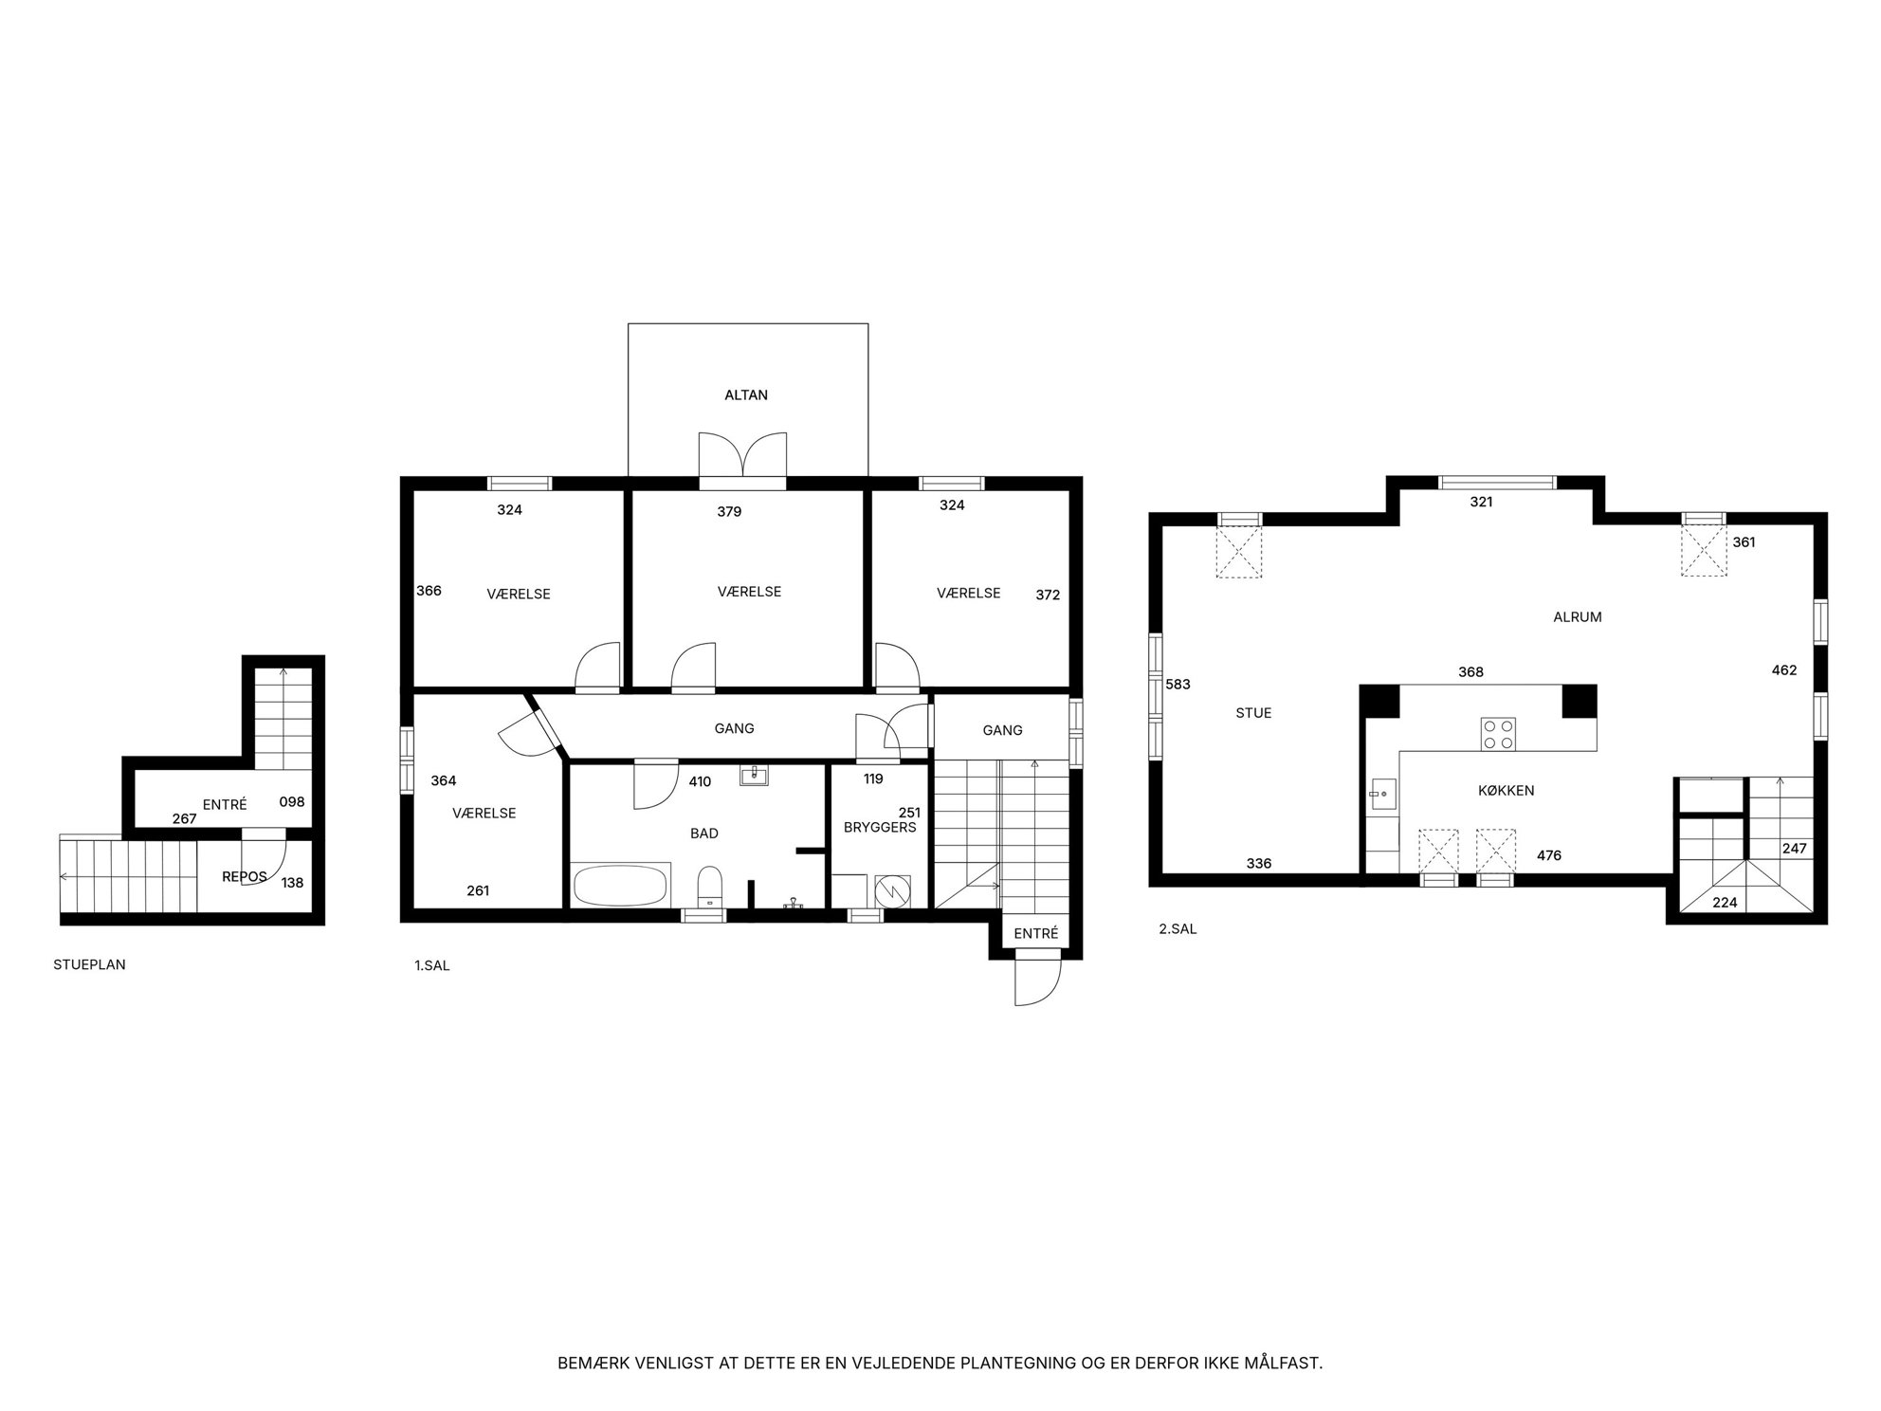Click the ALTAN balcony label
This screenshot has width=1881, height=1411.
tap(746, 395)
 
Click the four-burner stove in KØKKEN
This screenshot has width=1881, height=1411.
tap(1498, 734)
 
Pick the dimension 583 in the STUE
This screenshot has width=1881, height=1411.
tap(1178, 685)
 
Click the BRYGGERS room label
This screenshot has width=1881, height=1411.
tap(880, 828)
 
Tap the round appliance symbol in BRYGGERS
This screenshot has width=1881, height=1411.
tap(891, 890)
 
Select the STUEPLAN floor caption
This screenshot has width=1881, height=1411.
tap(89, 965)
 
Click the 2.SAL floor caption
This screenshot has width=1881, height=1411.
tap(1178, 929)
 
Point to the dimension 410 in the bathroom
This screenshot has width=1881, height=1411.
tap(700, 782)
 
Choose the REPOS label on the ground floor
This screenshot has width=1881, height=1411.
tap(245, 877)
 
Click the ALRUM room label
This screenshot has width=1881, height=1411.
tap(1578, 617)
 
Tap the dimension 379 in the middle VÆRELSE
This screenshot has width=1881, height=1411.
tap(729, 512)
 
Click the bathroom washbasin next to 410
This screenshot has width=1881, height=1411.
tap(754, 777)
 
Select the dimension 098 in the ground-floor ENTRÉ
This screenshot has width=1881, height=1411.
tap(292, 802)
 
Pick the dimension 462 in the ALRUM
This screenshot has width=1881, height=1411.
tap(1784, 670)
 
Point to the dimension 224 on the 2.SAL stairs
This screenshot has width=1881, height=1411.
tap(1725, 903)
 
